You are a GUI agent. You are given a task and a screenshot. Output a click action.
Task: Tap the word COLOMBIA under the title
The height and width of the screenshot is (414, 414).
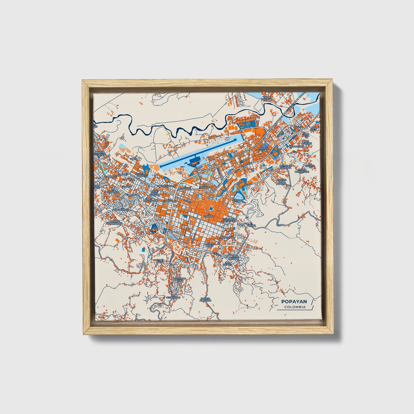point(295,307)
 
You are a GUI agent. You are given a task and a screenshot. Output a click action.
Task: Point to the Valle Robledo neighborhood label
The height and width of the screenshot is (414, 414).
point(266,99)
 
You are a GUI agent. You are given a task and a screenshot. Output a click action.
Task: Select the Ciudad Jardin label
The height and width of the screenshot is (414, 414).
point(263,149)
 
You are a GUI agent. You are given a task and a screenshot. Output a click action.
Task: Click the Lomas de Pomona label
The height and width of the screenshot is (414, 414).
point(286,166)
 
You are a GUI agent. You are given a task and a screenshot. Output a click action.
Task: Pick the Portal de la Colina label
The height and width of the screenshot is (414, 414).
point(282,182)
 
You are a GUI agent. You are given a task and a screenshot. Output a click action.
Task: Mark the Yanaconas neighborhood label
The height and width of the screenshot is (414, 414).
point(296,146)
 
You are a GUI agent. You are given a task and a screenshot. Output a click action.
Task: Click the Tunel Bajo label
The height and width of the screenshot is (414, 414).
point(160,261)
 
